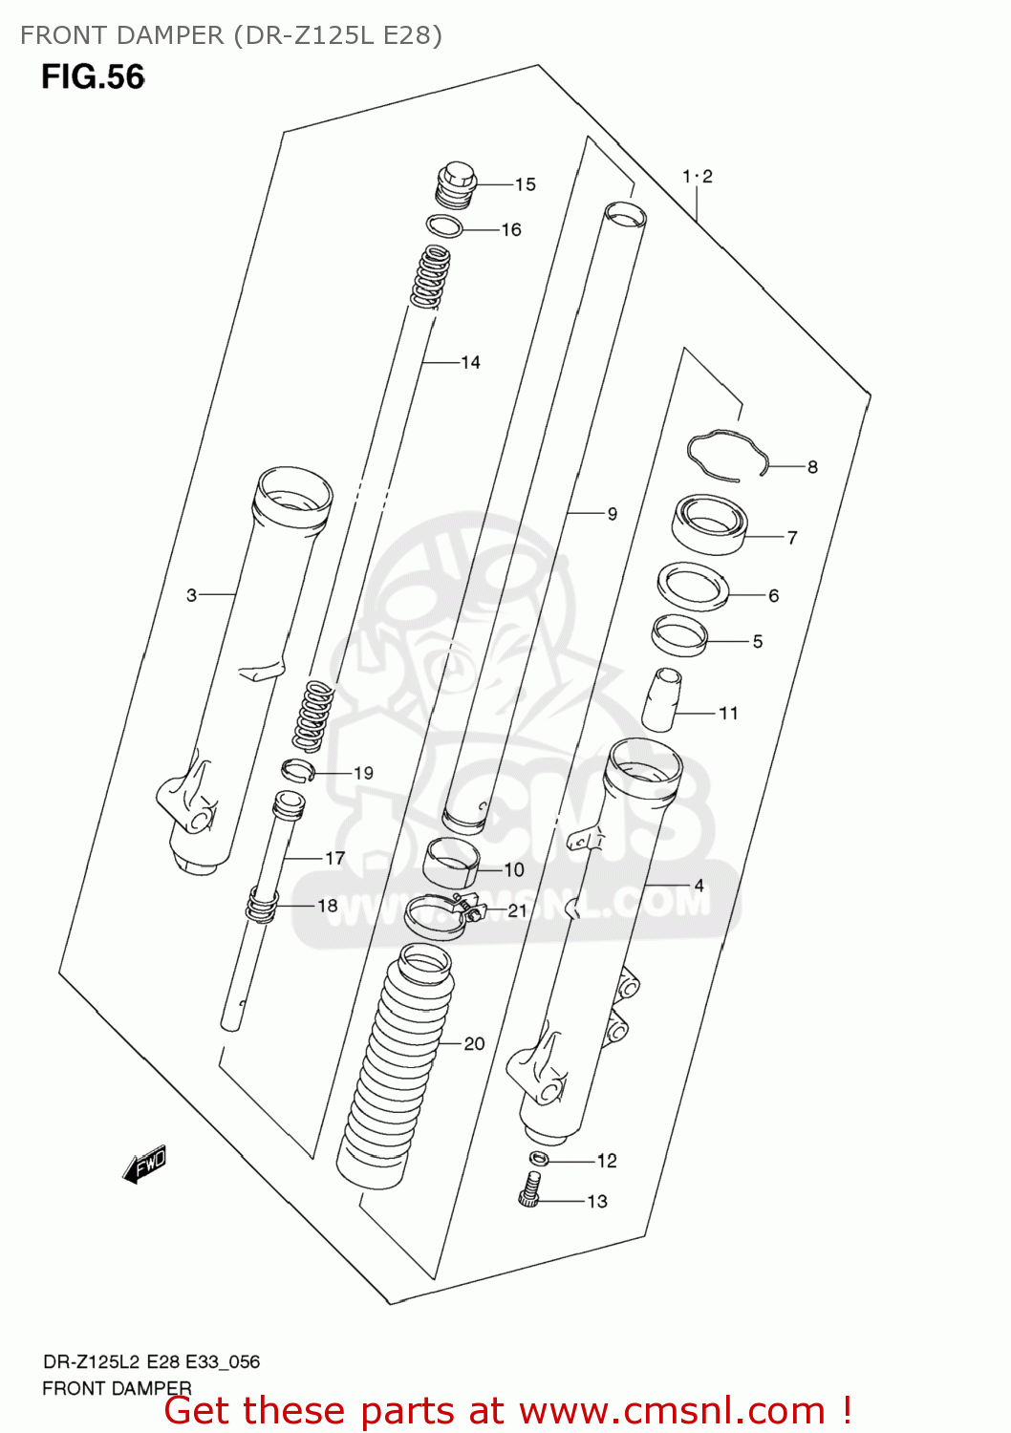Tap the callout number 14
tap(470, 362)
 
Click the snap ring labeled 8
tap(726, 453)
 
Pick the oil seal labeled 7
tap(709, 524)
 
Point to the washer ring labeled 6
tap(693, 586)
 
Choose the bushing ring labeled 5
tap(679, 634)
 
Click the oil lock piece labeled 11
tap(661, 700)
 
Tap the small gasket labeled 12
tap(539, 1159)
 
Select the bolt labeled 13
tap(530, 1190)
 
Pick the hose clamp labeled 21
tap(441, 913)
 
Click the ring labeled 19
tap(297, 769)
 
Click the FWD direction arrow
tap(145, 1165)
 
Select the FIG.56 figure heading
tap(93, 76)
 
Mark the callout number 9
tap(612, 514)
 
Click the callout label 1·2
tap(697, 177)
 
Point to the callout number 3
tap(191, 595)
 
